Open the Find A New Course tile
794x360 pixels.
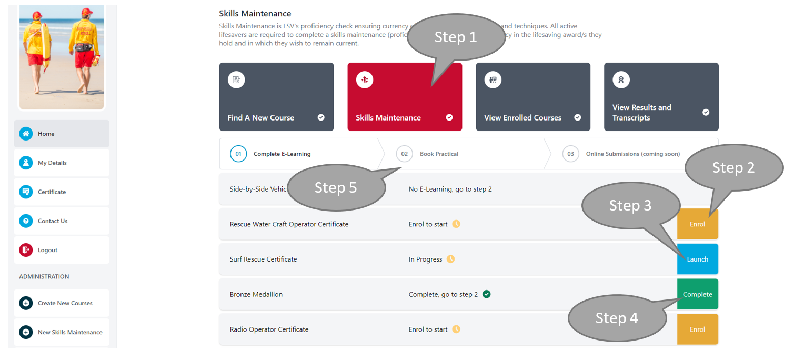tap(276, 97)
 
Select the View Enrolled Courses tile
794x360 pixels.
tap(532, 97)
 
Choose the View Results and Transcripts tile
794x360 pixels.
tap(661, 97)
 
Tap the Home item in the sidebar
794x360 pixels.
tap(61, 134)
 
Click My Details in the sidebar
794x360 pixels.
tap(61, 163)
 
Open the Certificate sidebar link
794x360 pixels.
tap(61, 192)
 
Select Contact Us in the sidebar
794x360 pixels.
tap(61, 221)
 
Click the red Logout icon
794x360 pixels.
tap(26, 250)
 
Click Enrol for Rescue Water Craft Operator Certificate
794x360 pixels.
tap(697, 224)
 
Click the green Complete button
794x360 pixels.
tap(697, 294)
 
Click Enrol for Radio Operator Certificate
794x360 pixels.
tap(697, 329)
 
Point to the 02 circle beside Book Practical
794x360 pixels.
tap(404, 154)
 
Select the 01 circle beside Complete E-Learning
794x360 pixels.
tap(238, 154)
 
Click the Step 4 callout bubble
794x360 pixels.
tap(617, 318)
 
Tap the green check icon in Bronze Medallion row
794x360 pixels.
tap(487, 294)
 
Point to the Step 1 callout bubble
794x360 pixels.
tap(456, 37)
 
